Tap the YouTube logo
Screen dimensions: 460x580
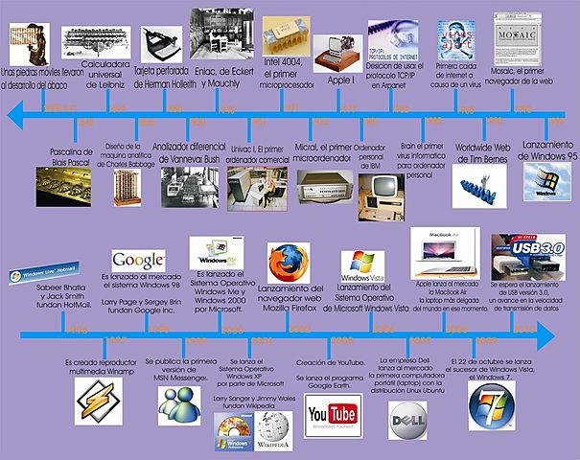coord(332,413)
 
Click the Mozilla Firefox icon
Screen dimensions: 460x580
coord(287,263)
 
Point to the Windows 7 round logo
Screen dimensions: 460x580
coord(494,408)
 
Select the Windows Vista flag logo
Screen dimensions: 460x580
coord(363,264)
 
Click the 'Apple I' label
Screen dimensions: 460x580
coord(341,81)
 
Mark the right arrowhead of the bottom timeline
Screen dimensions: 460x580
coord(547,334)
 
